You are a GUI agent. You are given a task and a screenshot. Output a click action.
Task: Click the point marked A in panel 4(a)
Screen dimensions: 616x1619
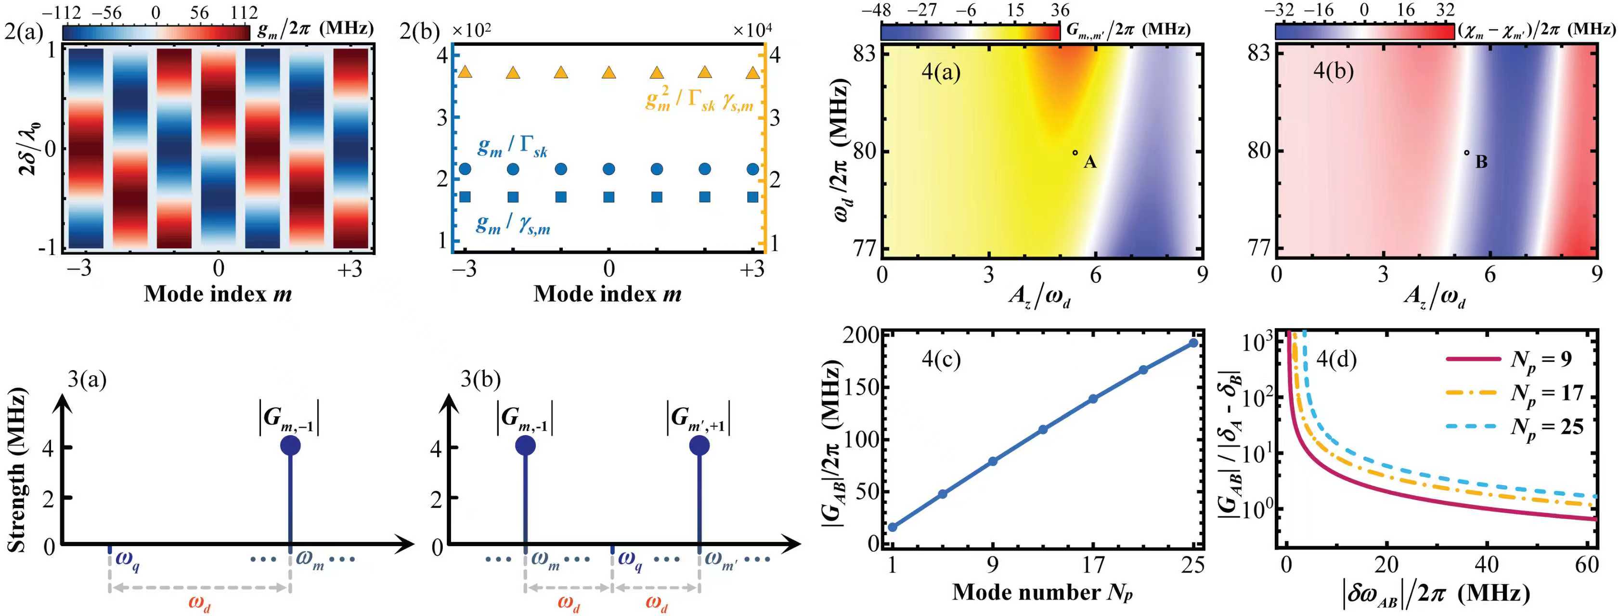tap(1075, 153)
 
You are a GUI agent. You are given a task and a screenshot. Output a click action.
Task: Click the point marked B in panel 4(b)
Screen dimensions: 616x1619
tap(1466, 152)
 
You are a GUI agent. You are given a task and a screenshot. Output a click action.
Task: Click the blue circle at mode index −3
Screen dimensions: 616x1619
tap(465, 168)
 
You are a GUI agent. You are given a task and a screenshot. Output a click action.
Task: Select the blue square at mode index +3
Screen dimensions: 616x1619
tap(753, 197)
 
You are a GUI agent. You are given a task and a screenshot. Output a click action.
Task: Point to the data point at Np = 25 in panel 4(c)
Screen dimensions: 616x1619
tap(1193, 343)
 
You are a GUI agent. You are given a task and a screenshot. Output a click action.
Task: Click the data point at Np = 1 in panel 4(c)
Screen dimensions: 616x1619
tap(893, 527)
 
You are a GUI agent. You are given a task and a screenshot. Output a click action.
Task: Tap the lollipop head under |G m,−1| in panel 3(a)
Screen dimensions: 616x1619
tap(290, 446)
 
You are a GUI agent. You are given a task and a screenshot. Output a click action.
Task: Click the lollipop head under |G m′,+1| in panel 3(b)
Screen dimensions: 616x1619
tap(699, 446)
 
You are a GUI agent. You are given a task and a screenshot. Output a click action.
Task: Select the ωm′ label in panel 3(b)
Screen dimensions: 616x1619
tap(720, 558)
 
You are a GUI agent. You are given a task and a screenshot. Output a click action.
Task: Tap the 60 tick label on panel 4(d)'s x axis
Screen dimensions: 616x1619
tap(1587, 565)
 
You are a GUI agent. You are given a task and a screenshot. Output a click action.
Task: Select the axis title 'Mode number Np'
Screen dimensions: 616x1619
tap(1042, 592)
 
